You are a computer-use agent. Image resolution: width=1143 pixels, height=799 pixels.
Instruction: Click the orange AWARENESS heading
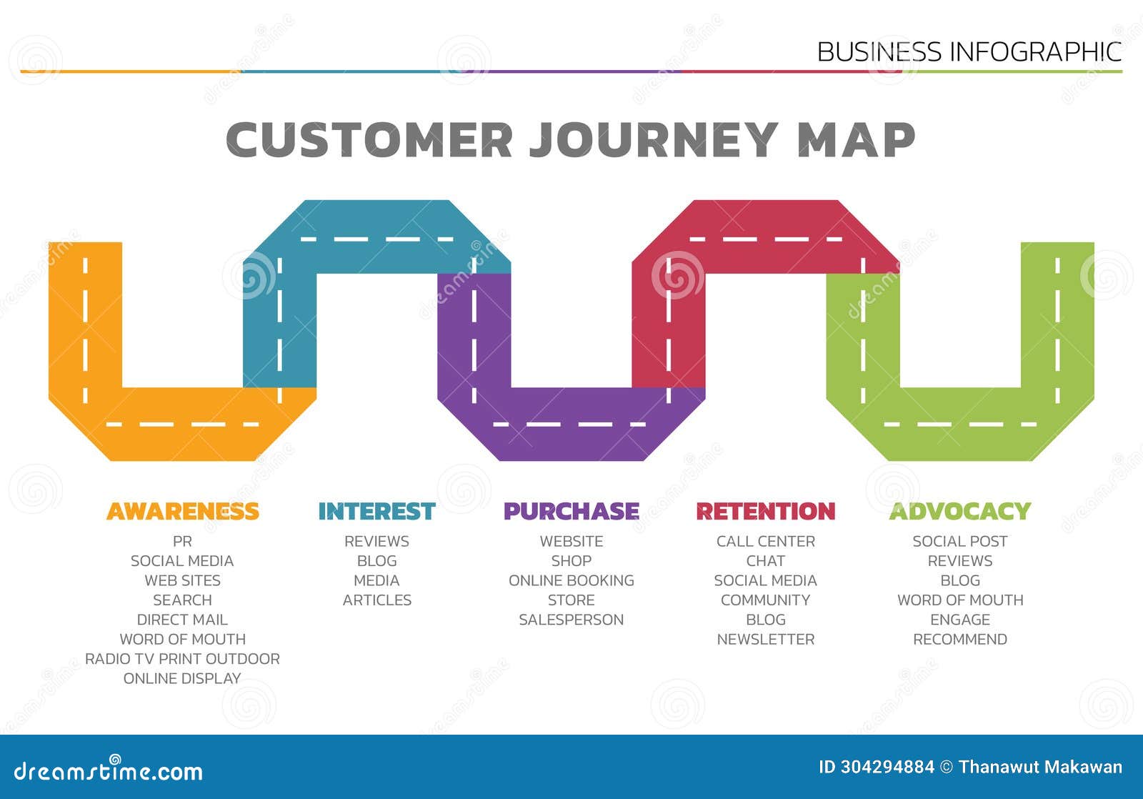click(x=182, y=511)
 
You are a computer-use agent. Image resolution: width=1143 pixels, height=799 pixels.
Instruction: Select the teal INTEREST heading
click(x=376, y=511)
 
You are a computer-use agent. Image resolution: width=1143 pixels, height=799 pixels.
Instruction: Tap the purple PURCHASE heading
click(x=571, y=511)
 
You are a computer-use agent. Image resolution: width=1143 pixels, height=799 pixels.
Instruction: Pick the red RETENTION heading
click(x=765, y=511)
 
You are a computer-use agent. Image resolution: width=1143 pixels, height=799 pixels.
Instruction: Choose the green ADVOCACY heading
click(x=959, y=511)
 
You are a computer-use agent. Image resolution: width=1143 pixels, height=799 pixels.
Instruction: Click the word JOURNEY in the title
click(x=653, y=139)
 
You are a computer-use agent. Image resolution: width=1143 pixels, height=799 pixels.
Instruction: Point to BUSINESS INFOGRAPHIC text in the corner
click(x=969, y=51)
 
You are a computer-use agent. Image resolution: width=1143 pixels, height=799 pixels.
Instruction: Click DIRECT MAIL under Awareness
click(x=182, y=620)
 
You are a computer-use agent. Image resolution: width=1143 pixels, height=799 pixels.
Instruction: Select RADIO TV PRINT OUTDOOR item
click(x=182, y=659)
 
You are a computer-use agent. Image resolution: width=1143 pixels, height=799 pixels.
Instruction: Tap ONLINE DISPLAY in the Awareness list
click(x=182, y=678)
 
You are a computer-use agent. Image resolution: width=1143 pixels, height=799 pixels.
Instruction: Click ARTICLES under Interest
click(x=376, y=600)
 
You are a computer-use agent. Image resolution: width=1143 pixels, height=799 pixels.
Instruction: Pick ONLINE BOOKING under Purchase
click(x=571, y=580)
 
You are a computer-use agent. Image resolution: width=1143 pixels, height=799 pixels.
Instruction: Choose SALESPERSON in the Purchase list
click(x=571, y=620)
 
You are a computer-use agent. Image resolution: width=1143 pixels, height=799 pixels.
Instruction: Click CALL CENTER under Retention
click(x=765, y=542)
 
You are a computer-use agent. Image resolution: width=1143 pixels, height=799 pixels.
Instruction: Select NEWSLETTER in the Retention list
click(x=765, y=639)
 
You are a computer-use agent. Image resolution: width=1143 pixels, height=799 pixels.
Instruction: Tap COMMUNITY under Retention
click(x=765, y=600)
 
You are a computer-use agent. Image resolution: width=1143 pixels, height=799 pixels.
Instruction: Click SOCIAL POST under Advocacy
click(x=959, y=542)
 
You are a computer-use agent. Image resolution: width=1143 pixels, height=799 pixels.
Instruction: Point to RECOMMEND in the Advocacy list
click(x=959, y=639)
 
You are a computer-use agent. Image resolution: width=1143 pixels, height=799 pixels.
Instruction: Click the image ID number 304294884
click(x=887, y=768)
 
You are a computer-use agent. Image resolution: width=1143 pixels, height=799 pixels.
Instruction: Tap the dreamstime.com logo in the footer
click(x=109, y=770)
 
